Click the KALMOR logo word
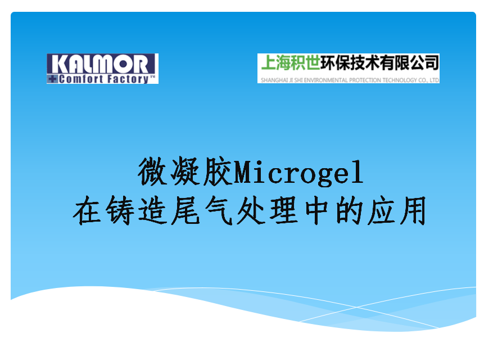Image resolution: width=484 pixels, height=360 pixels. tap(100, 64)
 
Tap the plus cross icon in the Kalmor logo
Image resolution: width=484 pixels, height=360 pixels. tap(53, 79)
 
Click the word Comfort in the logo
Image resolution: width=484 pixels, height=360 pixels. tap(81, 79)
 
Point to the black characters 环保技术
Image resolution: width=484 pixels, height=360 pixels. tap(350, 63)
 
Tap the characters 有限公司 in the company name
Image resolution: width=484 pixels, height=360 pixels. tap(409, 63)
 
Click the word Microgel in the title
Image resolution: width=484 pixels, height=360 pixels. tap(298, 173)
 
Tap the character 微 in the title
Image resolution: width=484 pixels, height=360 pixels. tap(153, 172)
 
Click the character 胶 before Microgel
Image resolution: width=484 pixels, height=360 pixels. tap(218, 172)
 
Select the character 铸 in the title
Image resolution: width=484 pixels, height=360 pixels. tap(120, 210)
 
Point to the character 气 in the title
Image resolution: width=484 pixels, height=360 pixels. tap(218, 210)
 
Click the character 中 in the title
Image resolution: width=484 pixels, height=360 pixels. tap(316, 210)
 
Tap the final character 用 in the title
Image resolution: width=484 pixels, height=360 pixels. tap(413, 210)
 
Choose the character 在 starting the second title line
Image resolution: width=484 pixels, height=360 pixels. tap(87, 210)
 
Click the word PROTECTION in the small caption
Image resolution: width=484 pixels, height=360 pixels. tap(364, 80)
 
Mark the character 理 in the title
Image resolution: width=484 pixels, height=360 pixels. tap(284, 210)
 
